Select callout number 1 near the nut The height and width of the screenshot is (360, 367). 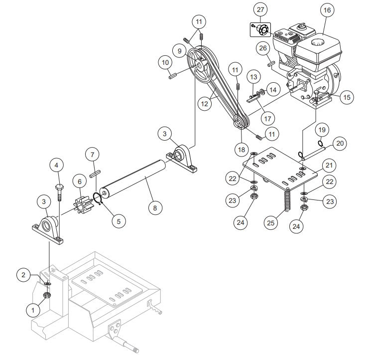(x=34, y=309)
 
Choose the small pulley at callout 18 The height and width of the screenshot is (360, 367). (x=239, y=123)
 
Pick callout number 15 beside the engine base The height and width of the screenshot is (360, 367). (x=345, y=97)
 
